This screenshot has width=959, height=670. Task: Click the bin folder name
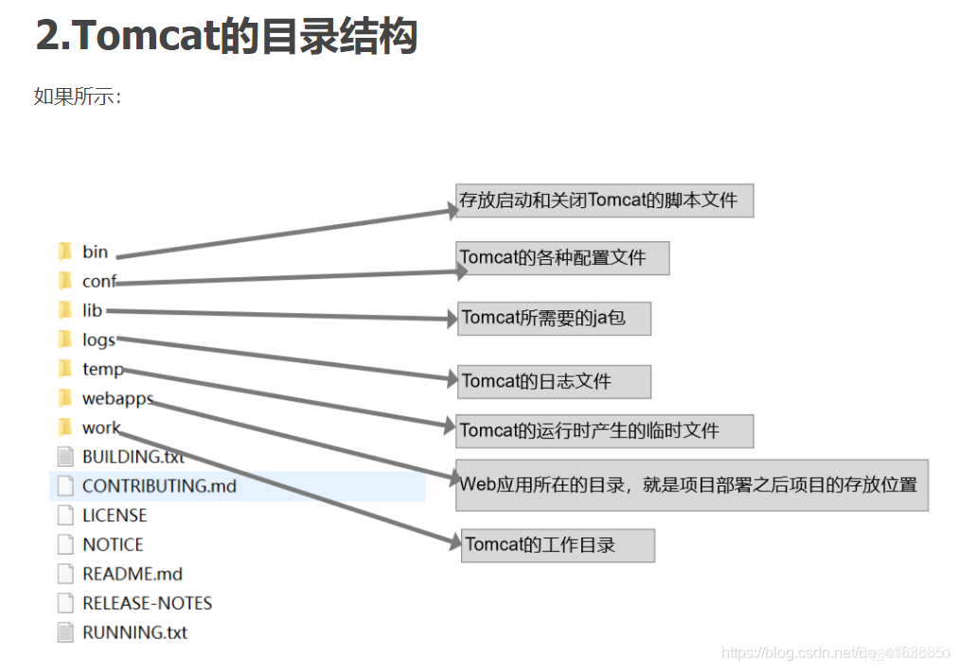click(95, 252)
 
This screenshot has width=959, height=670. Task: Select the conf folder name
click(98, 281)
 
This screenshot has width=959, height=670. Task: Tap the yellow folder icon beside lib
click(64, 310)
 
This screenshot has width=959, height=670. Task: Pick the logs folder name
click(98, 340)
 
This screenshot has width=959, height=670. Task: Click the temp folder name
click(102, 369)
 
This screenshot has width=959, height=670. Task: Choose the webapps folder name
click(117, 398)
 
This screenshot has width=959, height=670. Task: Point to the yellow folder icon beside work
click(64, 428)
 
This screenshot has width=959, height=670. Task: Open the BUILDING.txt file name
click(133, 456)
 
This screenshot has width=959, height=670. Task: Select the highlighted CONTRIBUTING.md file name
click(159, 486)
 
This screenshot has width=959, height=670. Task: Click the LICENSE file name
click(115, 516)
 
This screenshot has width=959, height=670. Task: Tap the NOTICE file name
click(113, 545)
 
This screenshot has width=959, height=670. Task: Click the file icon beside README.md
click(64, 574)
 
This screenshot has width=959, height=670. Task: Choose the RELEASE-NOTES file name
click(147, 604)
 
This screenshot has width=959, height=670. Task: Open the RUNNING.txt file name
click(134, 633)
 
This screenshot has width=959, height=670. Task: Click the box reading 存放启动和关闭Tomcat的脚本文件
click(604, 201)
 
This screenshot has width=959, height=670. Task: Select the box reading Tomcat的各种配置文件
click(563, 257)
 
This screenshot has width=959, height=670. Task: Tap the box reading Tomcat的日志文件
click(555, 381)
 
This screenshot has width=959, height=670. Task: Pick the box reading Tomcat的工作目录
click(558, 545)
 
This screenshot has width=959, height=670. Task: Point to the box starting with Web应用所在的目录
click(691, 485)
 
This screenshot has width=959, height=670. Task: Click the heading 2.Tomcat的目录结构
click(227, 36)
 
